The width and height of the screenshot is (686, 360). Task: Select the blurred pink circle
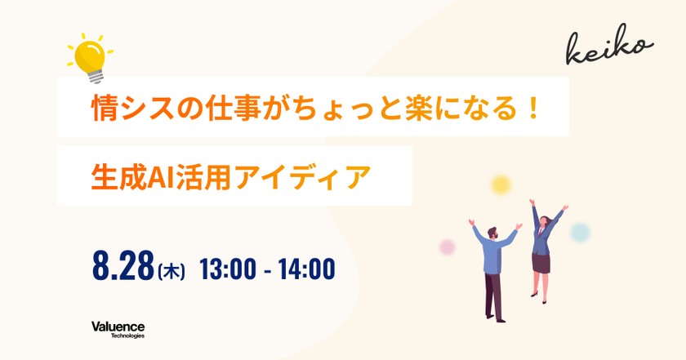[447, 246]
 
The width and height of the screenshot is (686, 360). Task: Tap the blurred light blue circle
[580, 232]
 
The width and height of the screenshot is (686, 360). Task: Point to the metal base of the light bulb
[96, 76]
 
